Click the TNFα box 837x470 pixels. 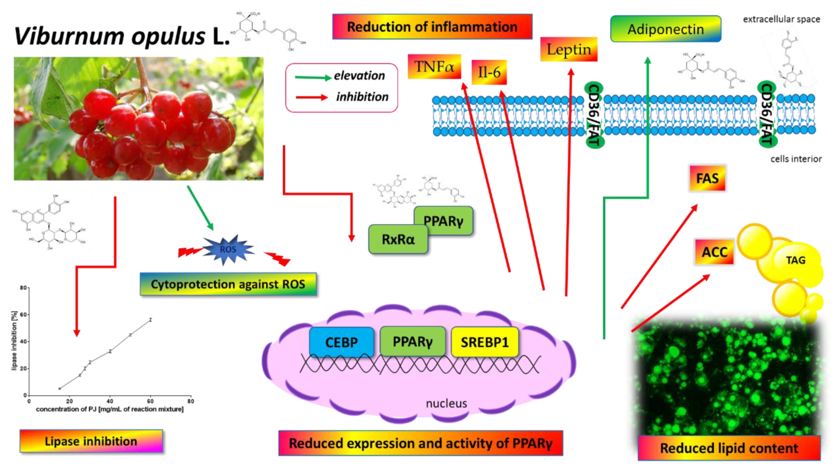coord(434,67)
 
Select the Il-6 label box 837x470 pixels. coord(489,73)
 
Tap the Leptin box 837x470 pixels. coord(569,50)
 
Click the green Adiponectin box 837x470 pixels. coord(665,29)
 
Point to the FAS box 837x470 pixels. coord(707,178)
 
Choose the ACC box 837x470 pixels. coord(714,252)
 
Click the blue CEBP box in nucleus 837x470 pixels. coord(341,342)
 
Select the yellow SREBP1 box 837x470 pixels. coord(485,342)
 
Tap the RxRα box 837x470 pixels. coord(398,240)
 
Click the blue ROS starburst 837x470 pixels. coord(228,249)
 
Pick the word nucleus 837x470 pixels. coord(446,403)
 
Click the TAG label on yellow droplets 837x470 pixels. coord(795,260)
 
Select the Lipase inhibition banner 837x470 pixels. coord(91,441)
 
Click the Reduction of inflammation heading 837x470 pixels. coord(432,27)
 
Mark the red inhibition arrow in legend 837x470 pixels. coord(312,97)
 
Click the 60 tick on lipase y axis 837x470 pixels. coord(23,315)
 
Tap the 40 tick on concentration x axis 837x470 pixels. coord(110,401)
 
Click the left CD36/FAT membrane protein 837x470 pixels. coord(593,115)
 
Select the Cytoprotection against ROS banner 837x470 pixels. coord(228,284)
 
